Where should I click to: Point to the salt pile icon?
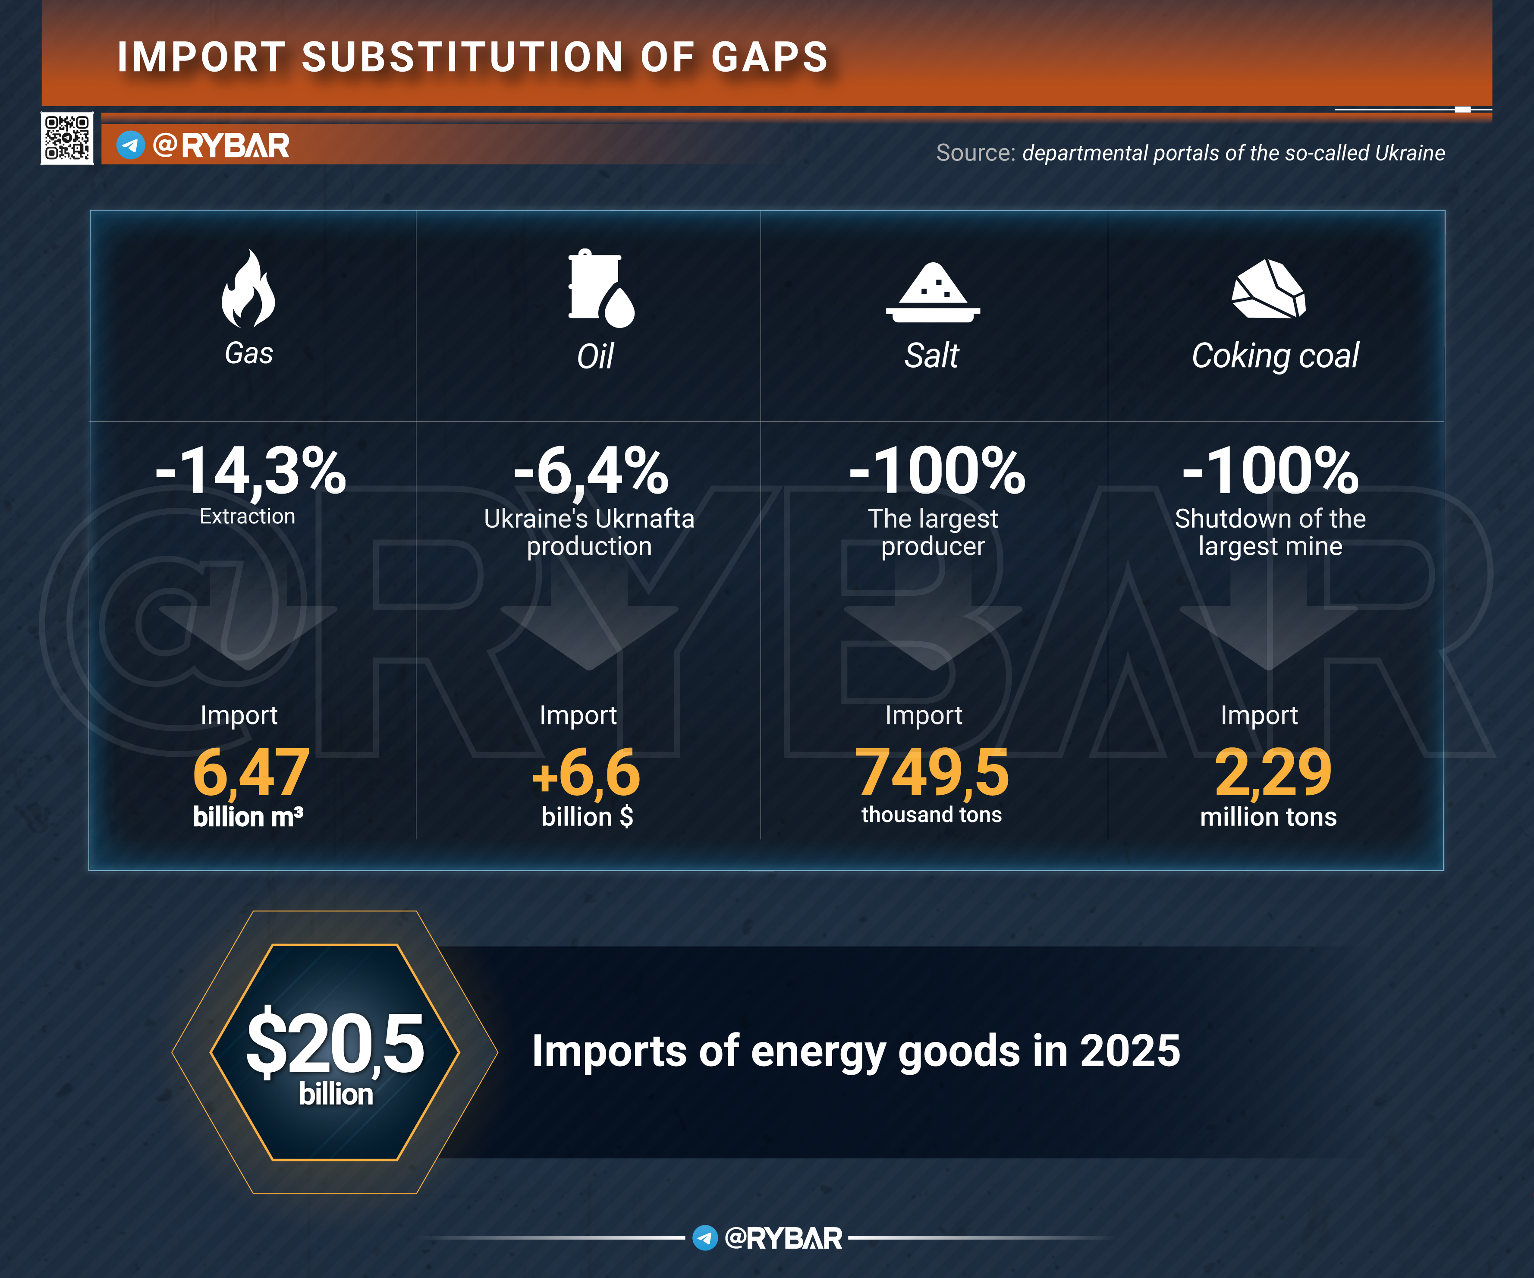tap(933, 292)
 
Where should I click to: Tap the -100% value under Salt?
tap(937, 471)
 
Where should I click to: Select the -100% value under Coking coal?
tap(1270, 471)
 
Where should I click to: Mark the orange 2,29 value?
tap(1273, 772)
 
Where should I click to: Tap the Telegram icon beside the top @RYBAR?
tap(131, 145)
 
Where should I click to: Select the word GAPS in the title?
tap(770, 57)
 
